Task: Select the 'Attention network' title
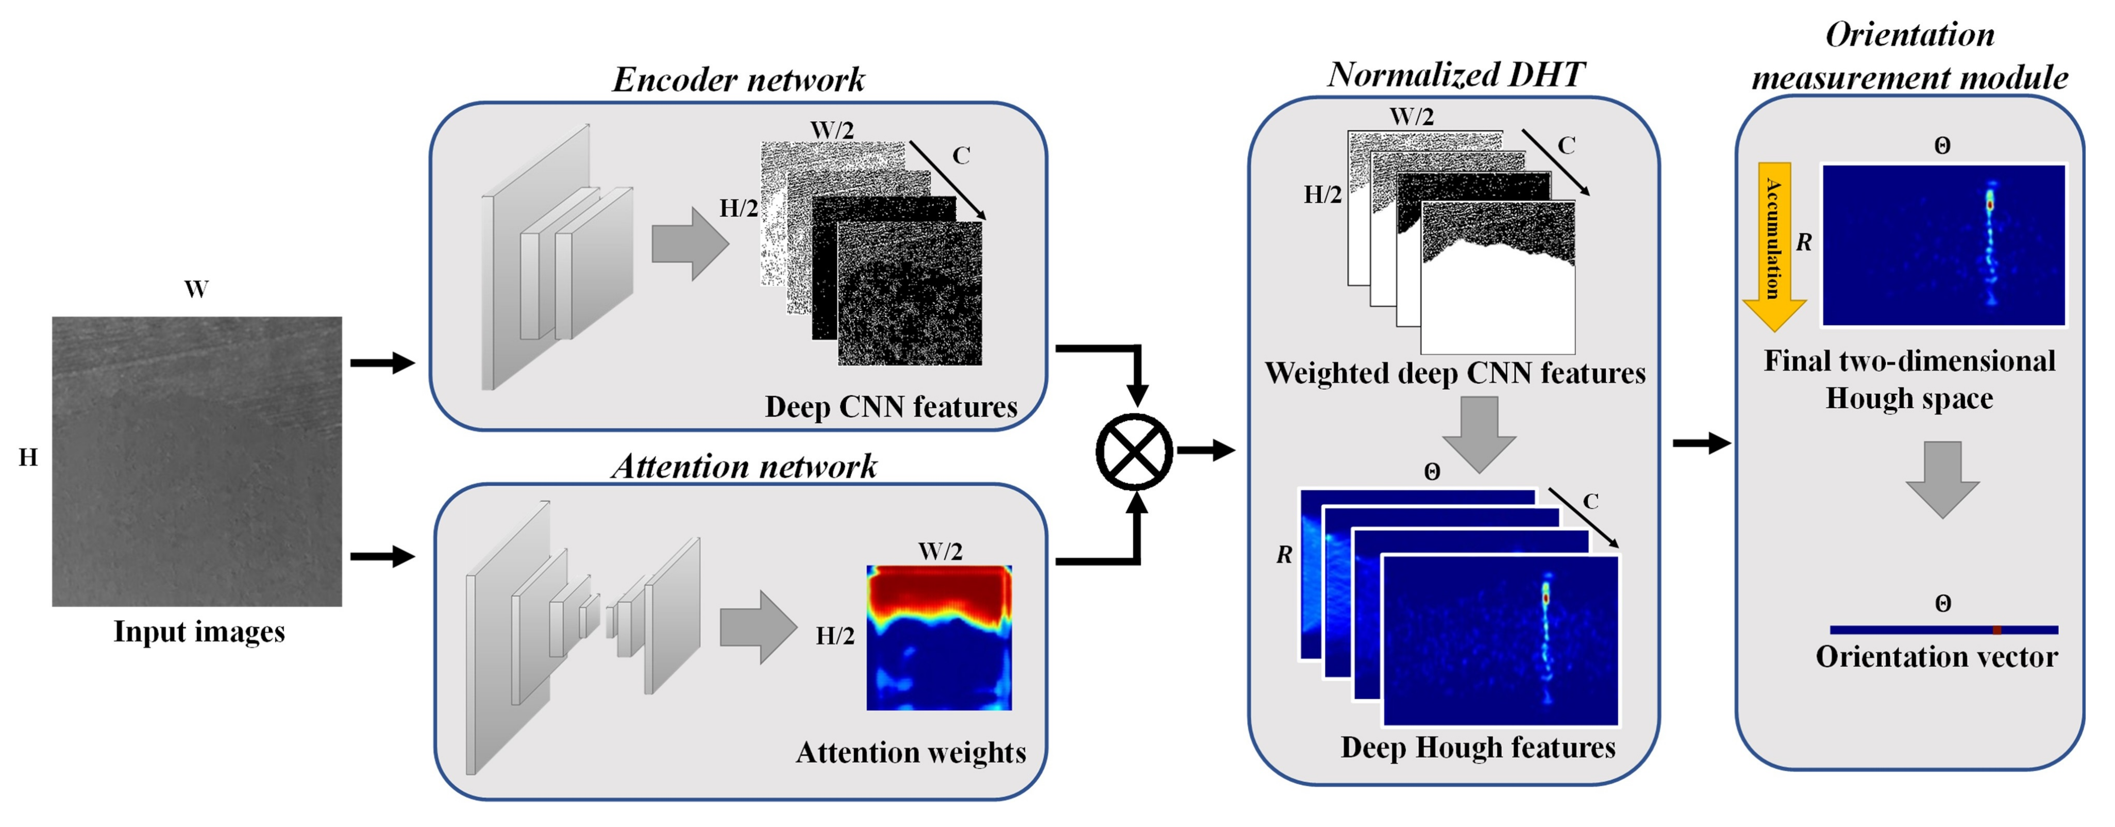click(744, 467)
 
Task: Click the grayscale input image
click(197, 461)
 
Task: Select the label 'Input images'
click(199, 632)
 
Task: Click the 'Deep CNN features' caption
click(891, 406)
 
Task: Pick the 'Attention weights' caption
click(911, 752)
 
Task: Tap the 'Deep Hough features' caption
click(1478, 747)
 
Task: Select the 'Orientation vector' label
click(1936, 657)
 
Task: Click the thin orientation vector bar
click(1943, 630)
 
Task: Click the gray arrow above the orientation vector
click(1942, 479)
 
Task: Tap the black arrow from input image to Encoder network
click(382, 362)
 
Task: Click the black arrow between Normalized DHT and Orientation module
click(1701, 443)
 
